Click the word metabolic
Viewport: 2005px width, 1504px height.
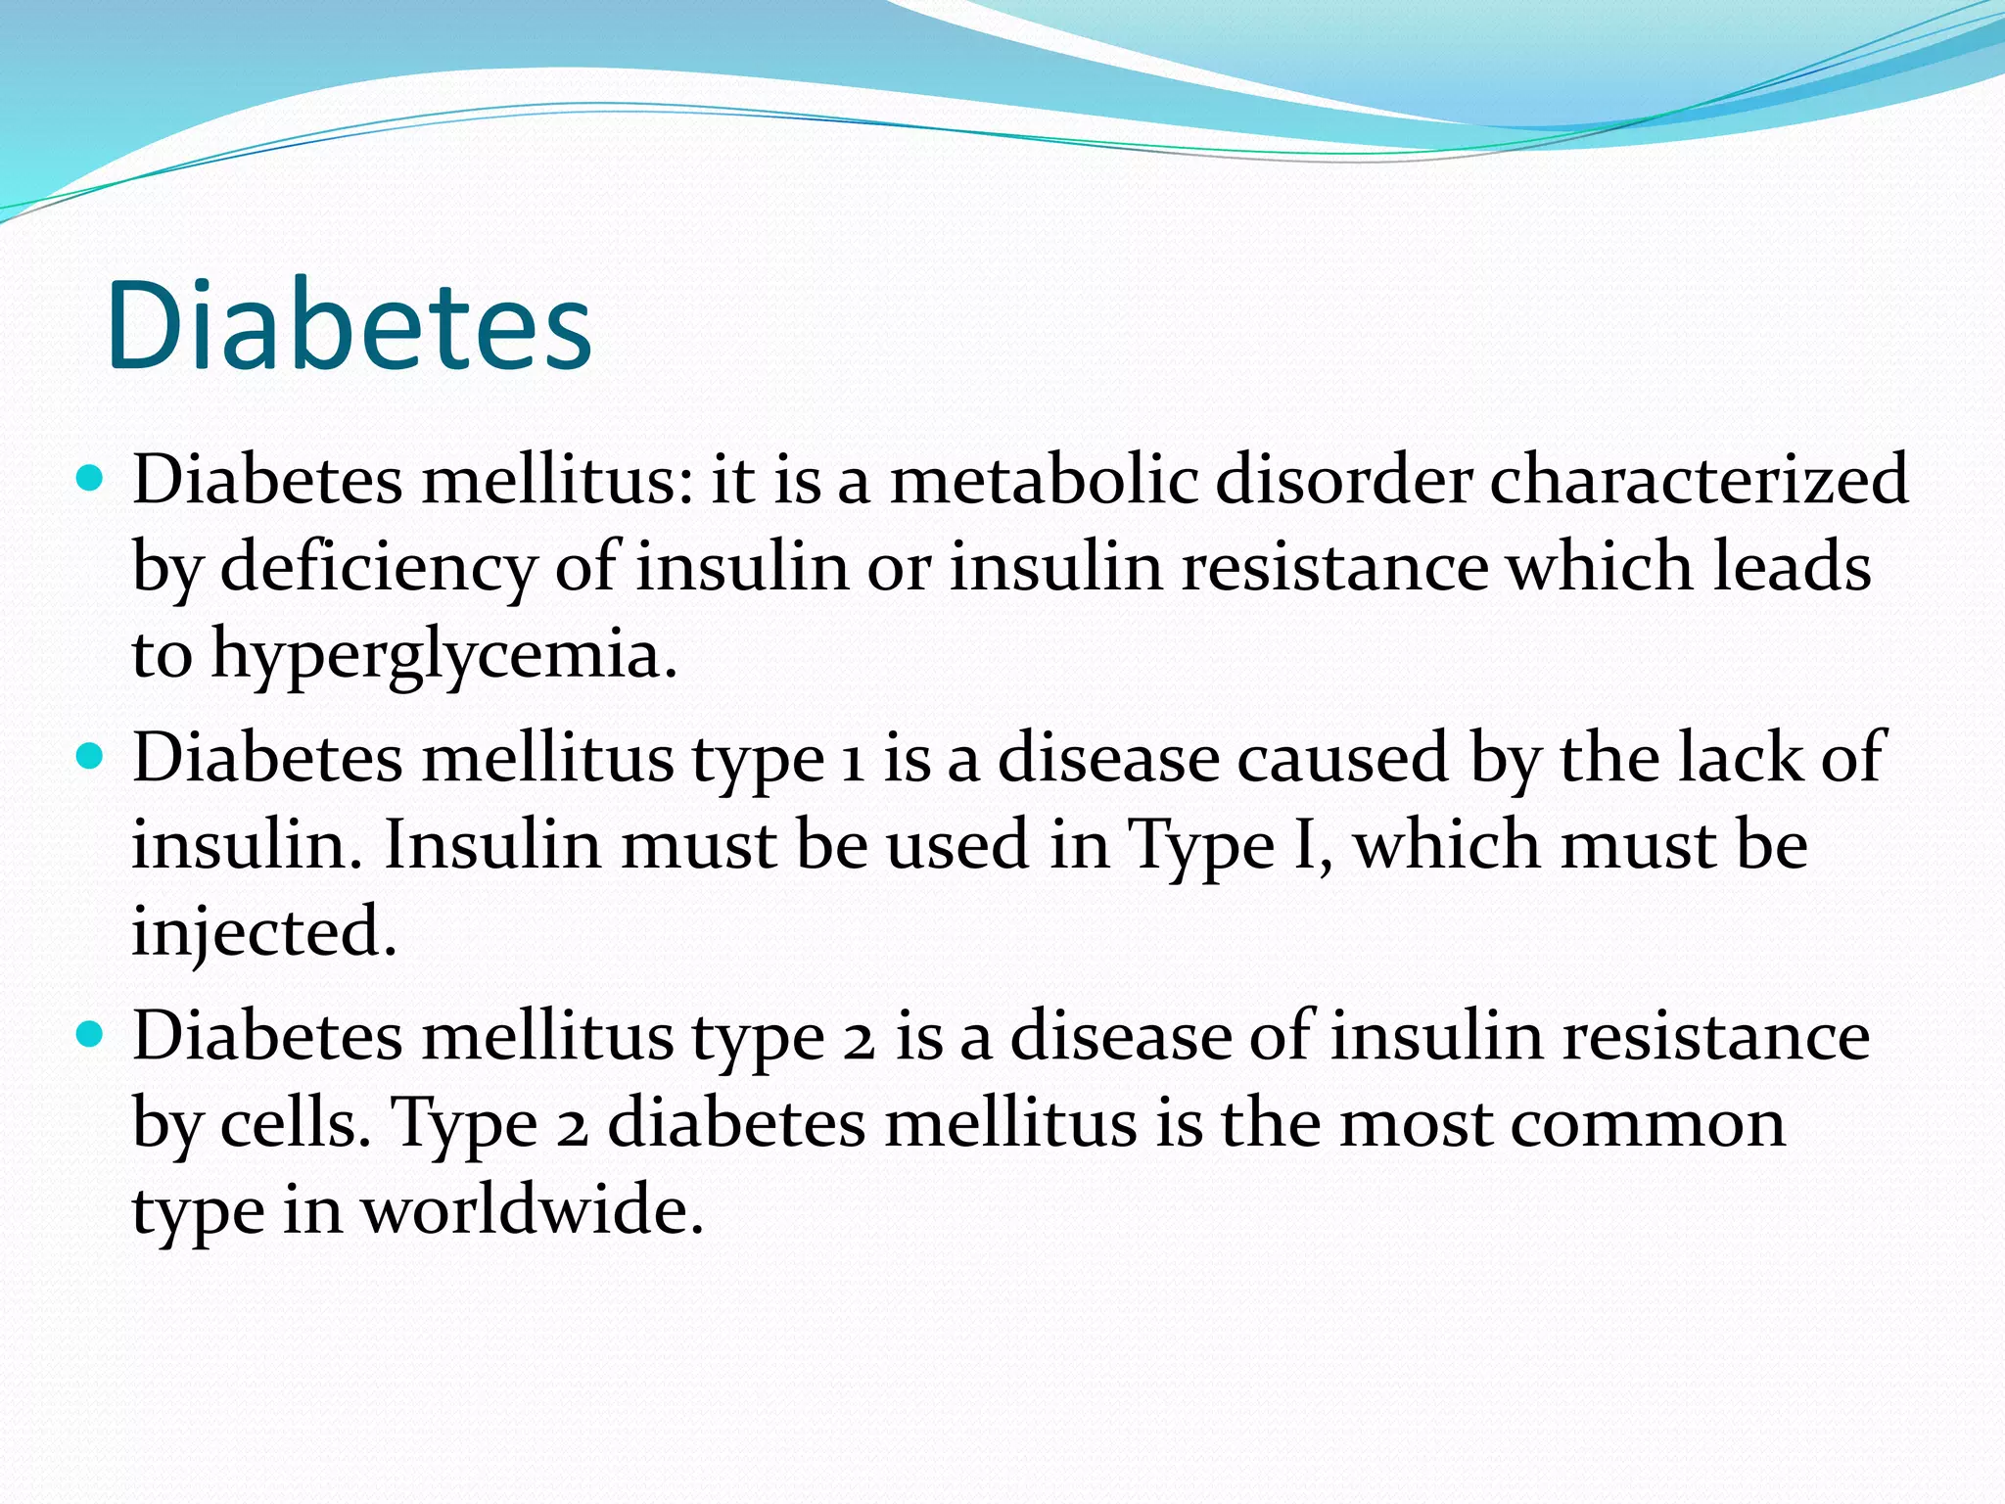pyautogui.click(x=1044, y=480)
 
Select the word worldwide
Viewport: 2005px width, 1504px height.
pyautogui.click(x=533, y=1210)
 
